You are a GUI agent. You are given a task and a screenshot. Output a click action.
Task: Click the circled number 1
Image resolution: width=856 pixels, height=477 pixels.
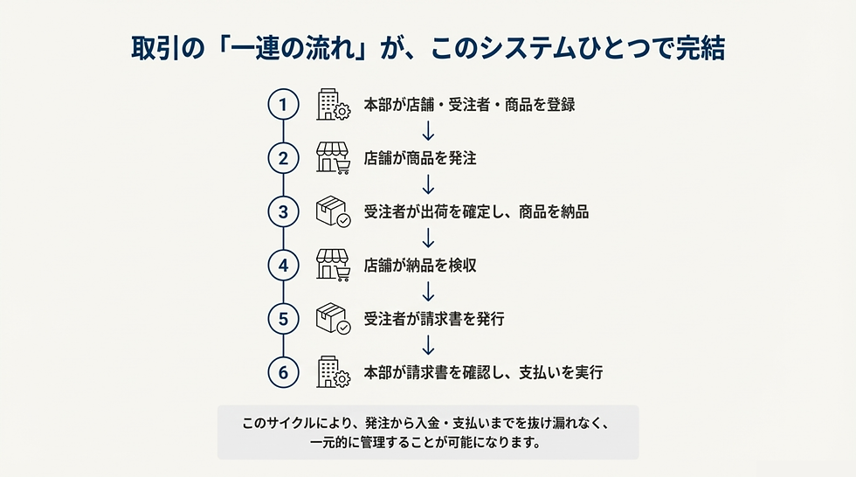(283, 104)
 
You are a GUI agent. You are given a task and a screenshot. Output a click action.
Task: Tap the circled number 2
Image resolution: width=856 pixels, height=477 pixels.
(283, 158)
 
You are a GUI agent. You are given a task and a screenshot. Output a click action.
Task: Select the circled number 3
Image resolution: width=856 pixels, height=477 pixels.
(283, 211)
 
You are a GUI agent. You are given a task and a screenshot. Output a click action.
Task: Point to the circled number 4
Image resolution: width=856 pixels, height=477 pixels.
(283, 266)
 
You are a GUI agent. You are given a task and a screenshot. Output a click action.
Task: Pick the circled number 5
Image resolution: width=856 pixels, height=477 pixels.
(283, 319)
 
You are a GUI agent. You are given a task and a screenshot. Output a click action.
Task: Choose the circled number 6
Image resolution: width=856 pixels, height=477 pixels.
(283, 372)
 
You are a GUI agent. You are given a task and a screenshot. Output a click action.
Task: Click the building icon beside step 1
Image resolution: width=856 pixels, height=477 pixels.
(333, 104)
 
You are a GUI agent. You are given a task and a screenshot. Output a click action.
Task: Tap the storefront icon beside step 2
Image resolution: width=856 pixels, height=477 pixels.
(333, 158)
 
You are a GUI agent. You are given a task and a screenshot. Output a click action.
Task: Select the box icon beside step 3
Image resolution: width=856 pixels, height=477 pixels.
(333, 211)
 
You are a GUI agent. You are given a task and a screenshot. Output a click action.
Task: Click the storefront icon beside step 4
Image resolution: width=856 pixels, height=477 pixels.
(333, 266)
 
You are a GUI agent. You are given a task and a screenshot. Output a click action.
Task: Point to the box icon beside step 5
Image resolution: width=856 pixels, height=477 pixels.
(333, 319)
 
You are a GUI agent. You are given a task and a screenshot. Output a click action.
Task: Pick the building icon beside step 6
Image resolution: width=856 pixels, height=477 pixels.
(333, 372)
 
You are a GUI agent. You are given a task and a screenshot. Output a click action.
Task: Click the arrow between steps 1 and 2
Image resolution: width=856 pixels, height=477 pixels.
(429, 131)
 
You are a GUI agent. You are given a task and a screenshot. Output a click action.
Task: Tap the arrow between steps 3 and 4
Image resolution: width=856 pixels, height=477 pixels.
(429, 238)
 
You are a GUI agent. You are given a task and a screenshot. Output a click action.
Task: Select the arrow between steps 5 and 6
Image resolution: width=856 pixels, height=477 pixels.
(429, 345)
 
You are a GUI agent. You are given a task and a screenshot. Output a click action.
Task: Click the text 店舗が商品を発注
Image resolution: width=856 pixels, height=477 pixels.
(420, 158)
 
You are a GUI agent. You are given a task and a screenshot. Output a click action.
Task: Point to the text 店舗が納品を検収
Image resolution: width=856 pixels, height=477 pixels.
(420, 266)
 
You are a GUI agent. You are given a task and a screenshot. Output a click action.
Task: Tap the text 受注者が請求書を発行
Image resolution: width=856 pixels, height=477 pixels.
(435, 319)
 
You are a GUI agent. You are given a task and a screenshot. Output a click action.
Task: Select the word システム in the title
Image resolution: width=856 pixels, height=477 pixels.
(527, 48)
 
